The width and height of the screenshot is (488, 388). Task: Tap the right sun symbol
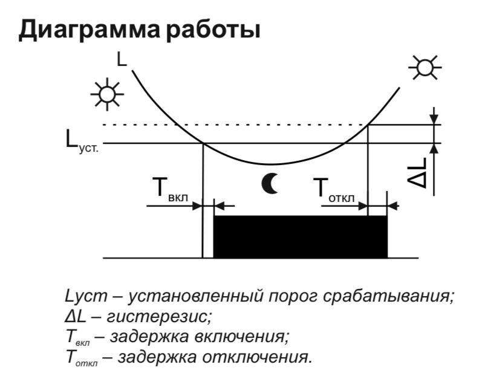pos(425,67)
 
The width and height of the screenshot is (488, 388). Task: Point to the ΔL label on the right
pos(425,173)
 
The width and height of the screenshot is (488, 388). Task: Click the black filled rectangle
pos(301,236)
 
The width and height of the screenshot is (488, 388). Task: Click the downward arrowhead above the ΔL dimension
pos(434,118)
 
